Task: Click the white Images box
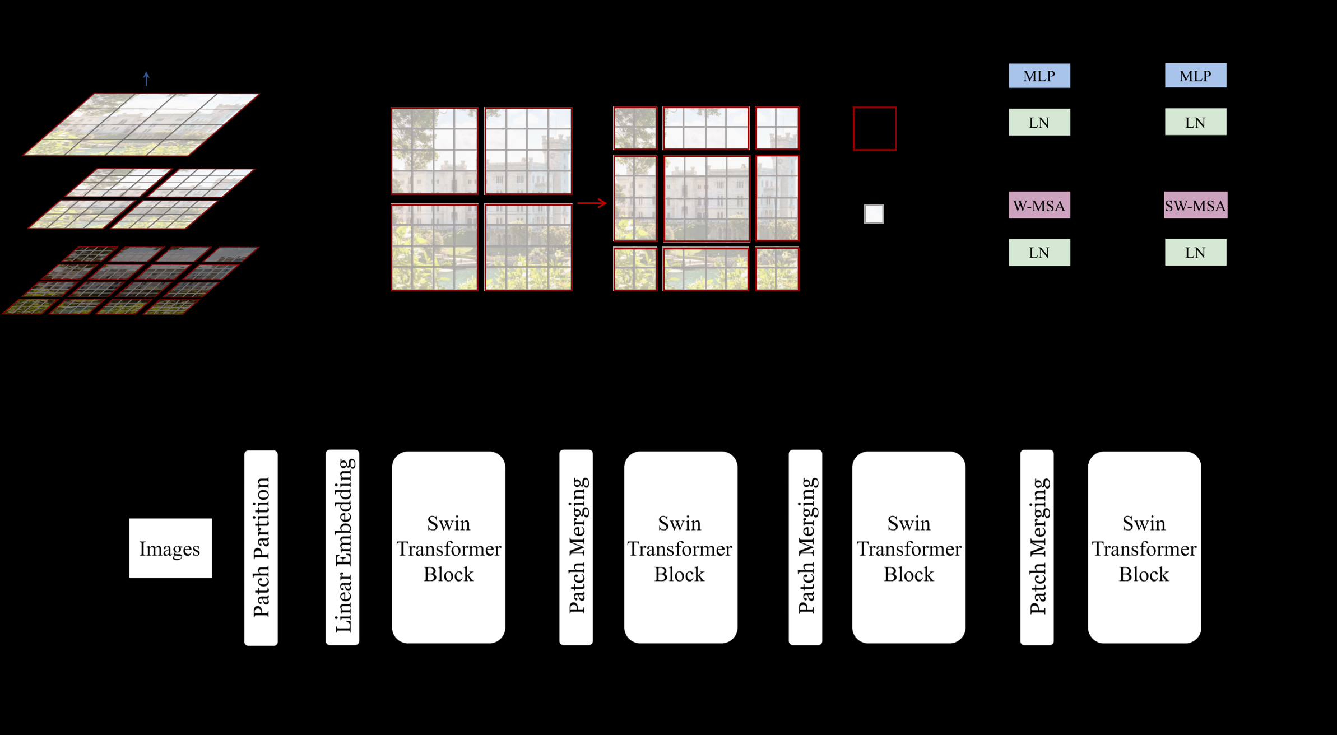[170, 548]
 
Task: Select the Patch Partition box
[261, 547]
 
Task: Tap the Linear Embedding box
[342, 547]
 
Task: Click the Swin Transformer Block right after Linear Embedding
[448, 547]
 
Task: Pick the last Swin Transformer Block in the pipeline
[1144, 547]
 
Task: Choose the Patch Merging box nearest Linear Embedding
[576, 547]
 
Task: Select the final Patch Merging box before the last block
[1037, 547]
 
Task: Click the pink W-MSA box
[1039, 206]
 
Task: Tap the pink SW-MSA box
[1195, 206]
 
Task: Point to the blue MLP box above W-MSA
[1039, 76]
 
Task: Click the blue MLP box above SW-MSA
[1195, 76]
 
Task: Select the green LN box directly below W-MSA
[1039, 253]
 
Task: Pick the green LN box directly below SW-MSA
[1195, 253]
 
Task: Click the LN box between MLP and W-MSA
[1039, 122]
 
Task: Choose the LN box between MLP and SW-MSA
[1195, 122]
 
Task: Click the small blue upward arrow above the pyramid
[146, 78]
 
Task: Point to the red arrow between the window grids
[592, 203]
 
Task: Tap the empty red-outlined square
[874, 129]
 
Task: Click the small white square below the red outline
[874, 214]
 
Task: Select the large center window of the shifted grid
[707, 198]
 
